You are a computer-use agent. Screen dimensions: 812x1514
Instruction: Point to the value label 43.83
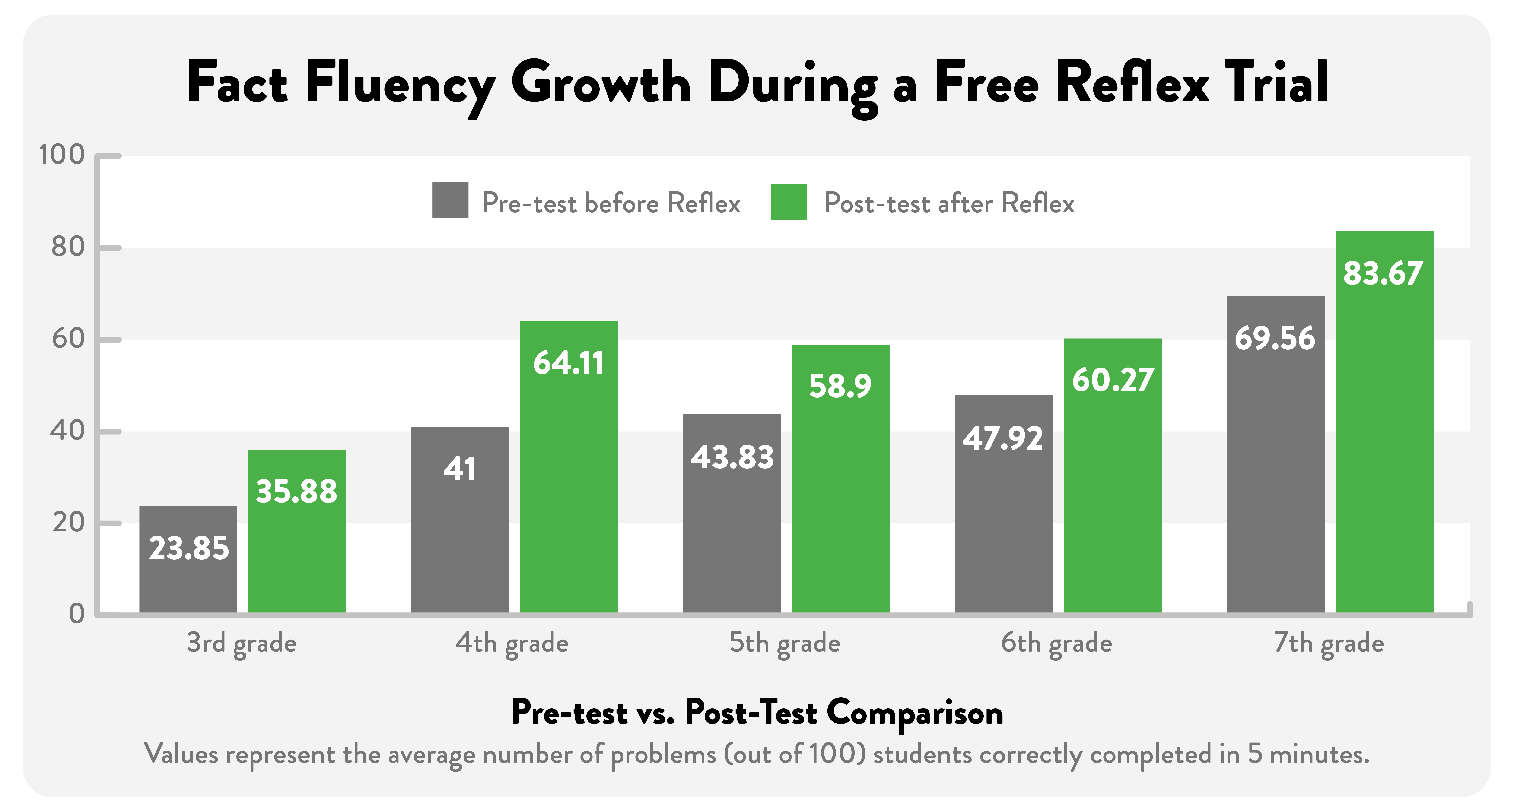tap(732, 457)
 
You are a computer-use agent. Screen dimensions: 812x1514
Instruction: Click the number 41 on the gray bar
tap(460, 469)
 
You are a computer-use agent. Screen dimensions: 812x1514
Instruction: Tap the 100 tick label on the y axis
tap(62, 155)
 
